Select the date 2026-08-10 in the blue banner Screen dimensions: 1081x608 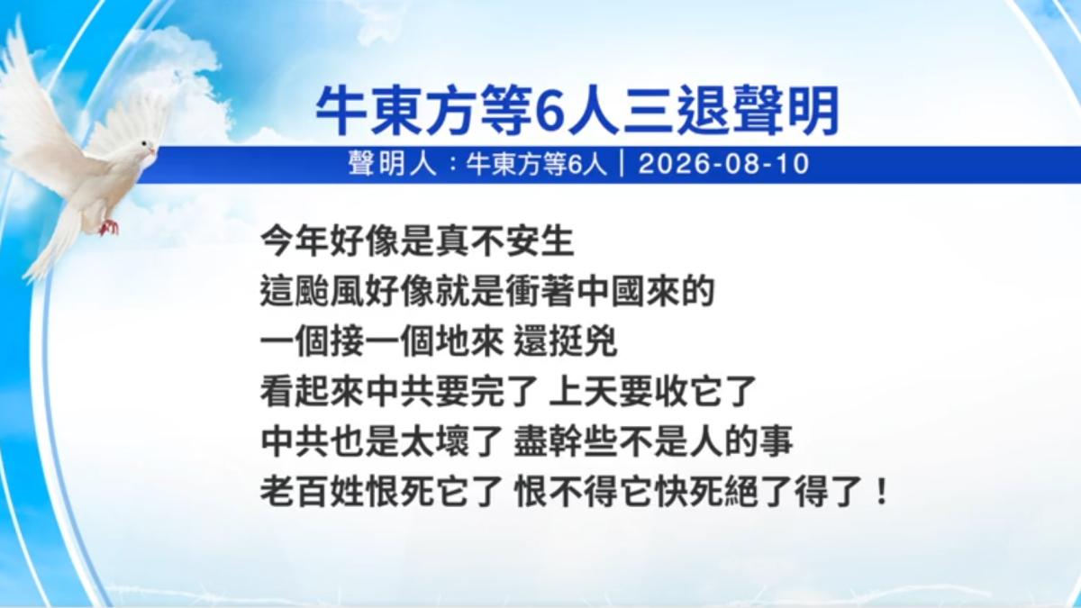tap(723, 165)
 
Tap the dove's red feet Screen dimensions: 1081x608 tap(109, 227)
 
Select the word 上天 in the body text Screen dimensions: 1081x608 tap(583, 392)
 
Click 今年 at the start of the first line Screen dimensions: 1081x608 tap(295, 241)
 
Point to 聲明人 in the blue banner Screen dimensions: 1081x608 tap(392, 165)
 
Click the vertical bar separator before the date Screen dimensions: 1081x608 tap(622, 165)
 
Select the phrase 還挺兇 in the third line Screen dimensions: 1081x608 tap(566, 341)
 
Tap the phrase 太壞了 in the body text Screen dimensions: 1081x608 tap(451, 441)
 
